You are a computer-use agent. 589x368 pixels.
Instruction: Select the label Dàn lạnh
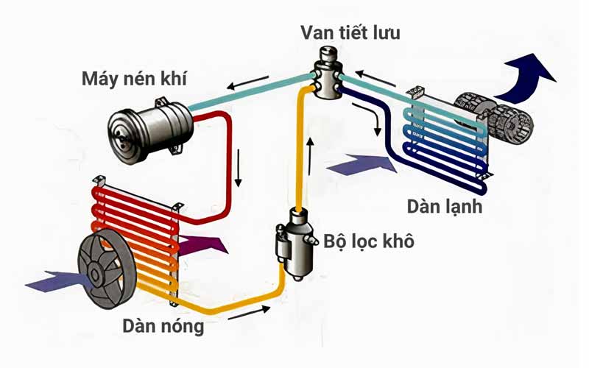pyautogui.click(x=446, y=205)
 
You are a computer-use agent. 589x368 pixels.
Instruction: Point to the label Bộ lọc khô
pyautogui.click(x=368, y=241)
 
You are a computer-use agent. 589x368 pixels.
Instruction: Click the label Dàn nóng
pyautogui.click(x=164, y=325)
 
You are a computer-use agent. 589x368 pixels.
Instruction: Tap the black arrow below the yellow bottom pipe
pyautogui.click(x=244, y=318)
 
